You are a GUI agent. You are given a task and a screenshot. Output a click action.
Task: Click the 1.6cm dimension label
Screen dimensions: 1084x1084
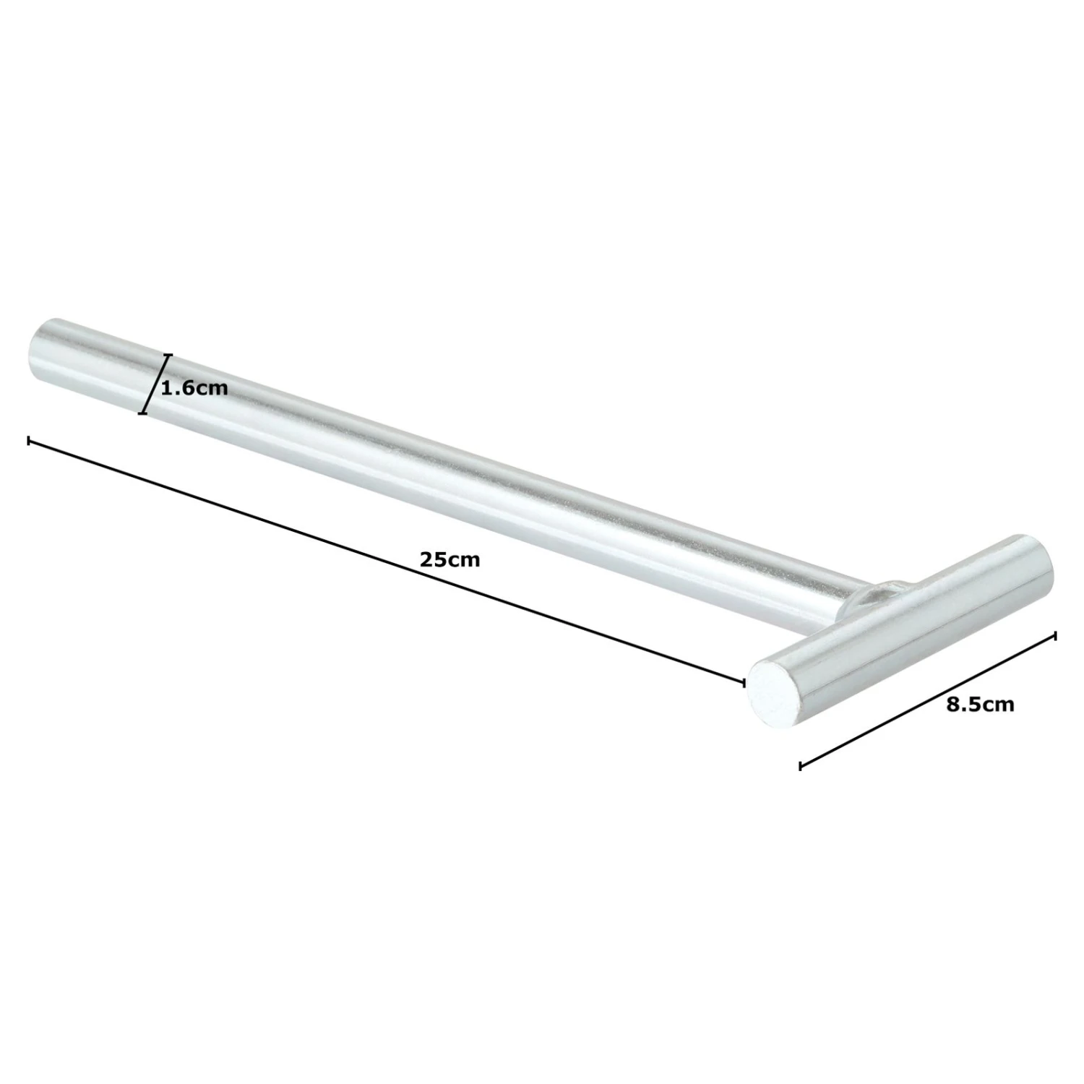[194, 389]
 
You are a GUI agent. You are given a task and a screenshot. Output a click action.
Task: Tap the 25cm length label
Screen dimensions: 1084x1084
[449, 559]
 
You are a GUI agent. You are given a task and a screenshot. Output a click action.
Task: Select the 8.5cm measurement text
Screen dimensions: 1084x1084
[981, 705]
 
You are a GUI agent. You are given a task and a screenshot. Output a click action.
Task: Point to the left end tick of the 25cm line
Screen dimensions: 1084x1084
[28, 439]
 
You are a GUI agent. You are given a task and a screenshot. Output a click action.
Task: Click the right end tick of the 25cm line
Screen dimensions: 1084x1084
[744, 681]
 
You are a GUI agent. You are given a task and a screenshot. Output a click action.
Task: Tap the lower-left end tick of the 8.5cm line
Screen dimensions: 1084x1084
[800, 765]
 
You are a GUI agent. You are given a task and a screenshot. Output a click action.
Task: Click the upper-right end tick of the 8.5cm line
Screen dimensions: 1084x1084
[1056, 636]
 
